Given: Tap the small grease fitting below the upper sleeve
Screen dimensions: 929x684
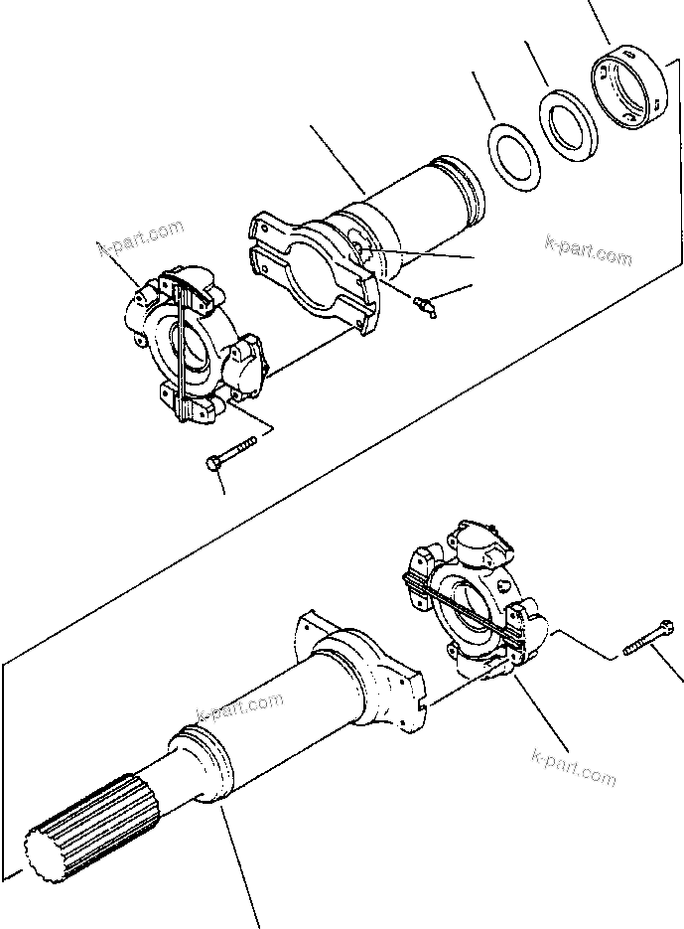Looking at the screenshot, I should coord(425,307).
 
